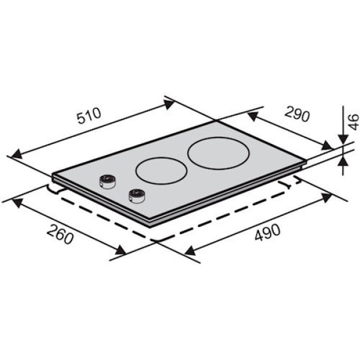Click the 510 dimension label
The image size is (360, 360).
point(89,116)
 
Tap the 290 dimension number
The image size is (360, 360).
point(298,113)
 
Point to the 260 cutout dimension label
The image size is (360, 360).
point(60,234)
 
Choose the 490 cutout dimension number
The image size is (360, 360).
point(268,232)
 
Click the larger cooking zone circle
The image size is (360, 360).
point(218,153)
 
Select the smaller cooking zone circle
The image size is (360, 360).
point(161,171)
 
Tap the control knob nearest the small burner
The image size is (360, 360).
point(137,196)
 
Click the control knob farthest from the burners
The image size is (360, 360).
point(107,182)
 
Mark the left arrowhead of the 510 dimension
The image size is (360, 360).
point(16,154)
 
